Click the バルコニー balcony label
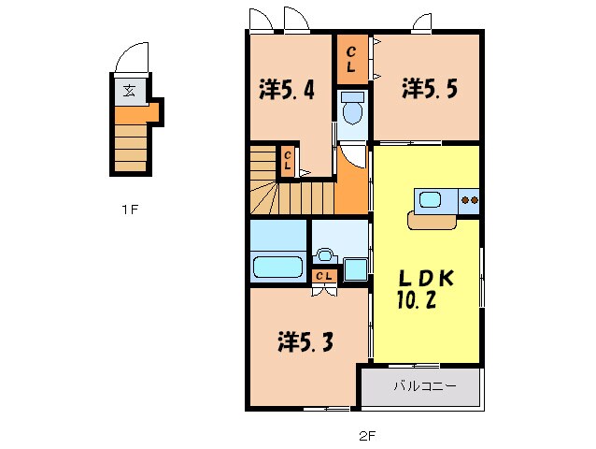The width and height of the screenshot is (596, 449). pos(424,385)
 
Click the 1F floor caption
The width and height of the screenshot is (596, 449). pos(129,210)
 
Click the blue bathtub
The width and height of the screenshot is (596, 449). pos(278,268)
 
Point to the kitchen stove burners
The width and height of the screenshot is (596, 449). pos(470,199)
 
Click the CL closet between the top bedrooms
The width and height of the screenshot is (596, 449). pos(351,60)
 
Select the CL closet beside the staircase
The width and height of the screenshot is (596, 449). pos(289,160)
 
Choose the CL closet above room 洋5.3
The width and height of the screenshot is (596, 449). pos(325,276)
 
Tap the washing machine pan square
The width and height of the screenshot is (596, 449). pos(356,269)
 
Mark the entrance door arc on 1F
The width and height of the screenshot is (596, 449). pos(131,59)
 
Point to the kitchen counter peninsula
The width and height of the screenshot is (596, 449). pos(433,221)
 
